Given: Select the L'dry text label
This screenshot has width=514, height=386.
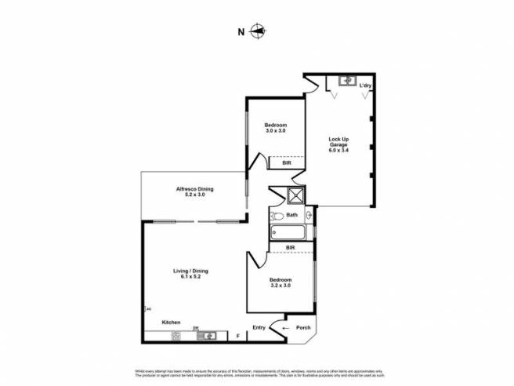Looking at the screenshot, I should (365, 85).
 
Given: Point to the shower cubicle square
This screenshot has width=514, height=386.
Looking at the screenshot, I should (296, 196).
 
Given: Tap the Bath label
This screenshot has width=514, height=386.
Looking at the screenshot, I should (292, 215).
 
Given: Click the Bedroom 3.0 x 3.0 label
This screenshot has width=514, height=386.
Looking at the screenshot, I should (275, 128).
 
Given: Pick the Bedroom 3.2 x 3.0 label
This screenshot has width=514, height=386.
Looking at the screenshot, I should (281, 283).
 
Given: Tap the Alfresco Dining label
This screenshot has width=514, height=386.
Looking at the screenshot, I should (194, 191).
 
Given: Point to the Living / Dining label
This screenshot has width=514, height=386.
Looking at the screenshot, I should (190, 274).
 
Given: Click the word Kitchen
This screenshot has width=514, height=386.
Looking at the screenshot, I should (172, 322).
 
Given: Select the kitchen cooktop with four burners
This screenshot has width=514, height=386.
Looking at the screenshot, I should (176, 336).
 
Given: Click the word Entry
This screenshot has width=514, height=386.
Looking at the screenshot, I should (259, 328).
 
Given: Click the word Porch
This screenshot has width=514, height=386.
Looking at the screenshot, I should (303, 328).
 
